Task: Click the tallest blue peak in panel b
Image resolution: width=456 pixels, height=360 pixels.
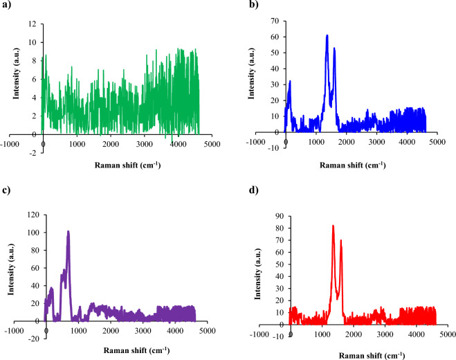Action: pyautogui.click(x=327, y=35)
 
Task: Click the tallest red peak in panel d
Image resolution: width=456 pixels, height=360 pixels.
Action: pyautogui.click(x=333, y=226)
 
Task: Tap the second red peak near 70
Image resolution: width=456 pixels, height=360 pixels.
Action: pyautogui.click(x=341, y=240)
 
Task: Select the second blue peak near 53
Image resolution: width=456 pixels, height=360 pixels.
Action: pyautogui.click(x=334, y=48)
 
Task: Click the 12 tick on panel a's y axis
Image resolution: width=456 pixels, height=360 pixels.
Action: pyautogui.click(x=31, y=25)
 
